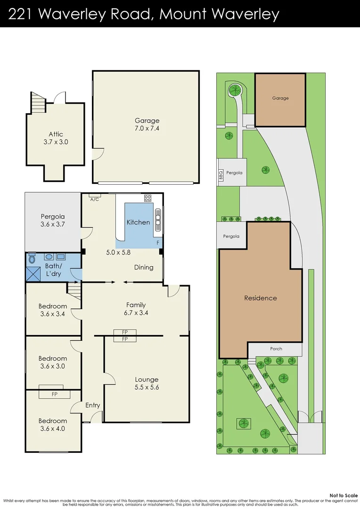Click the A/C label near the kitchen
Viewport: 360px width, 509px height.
[95, 199]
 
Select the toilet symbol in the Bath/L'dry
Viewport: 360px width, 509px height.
[32, 258]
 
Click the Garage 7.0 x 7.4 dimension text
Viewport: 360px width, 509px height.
[147, 128]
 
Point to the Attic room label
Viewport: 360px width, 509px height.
[56, 134]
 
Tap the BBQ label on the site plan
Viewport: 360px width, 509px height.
[221, 175]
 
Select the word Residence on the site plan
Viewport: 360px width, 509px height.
[260, 298]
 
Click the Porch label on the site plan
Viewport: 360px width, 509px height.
[276, 349]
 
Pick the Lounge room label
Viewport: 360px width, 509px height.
[147, 379]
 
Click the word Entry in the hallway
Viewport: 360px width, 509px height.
[92, 405]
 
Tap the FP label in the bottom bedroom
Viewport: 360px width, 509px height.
[54, 394]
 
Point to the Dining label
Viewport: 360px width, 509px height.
[144, 267]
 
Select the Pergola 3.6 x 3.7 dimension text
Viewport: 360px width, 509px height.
[52, 224]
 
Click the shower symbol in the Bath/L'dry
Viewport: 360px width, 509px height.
[33, 274]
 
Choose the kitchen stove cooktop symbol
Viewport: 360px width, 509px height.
[147, 198]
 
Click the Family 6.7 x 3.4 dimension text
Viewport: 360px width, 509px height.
[136, 312]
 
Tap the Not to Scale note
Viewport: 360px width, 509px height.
[344, 495]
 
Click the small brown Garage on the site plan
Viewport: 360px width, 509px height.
[280, 99]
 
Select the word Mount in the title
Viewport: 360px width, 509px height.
[183, 14]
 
